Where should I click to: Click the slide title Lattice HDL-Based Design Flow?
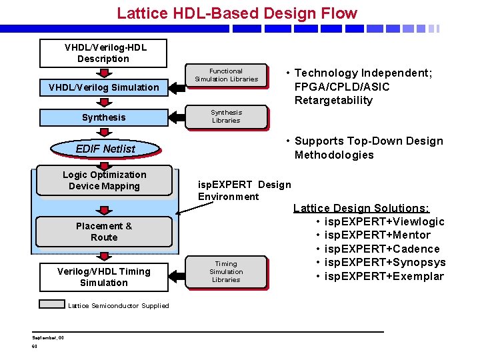point(237,13)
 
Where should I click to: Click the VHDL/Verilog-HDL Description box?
point(103,53)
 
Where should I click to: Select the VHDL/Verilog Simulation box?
point(103,87)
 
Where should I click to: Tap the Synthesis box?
point(103,117)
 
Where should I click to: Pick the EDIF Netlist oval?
point(105,149)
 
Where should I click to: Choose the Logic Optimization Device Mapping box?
point(104,181)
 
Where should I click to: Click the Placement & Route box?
point(104,231)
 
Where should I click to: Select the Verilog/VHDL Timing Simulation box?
point(104,277)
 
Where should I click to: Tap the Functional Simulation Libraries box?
point(226,75)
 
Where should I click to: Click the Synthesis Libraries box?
point(226,117)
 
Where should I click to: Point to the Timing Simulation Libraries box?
point(226,272)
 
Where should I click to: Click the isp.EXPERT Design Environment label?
point(244,190)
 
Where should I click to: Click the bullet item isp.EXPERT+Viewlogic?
point(384,221)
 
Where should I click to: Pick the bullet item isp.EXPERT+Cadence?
point(381,249)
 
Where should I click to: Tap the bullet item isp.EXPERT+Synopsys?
point(385,262)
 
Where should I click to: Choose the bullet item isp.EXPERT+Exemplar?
point(383,276)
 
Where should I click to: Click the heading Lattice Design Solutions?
point(361,208)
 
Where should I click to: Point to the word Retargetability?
point(333,101)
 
